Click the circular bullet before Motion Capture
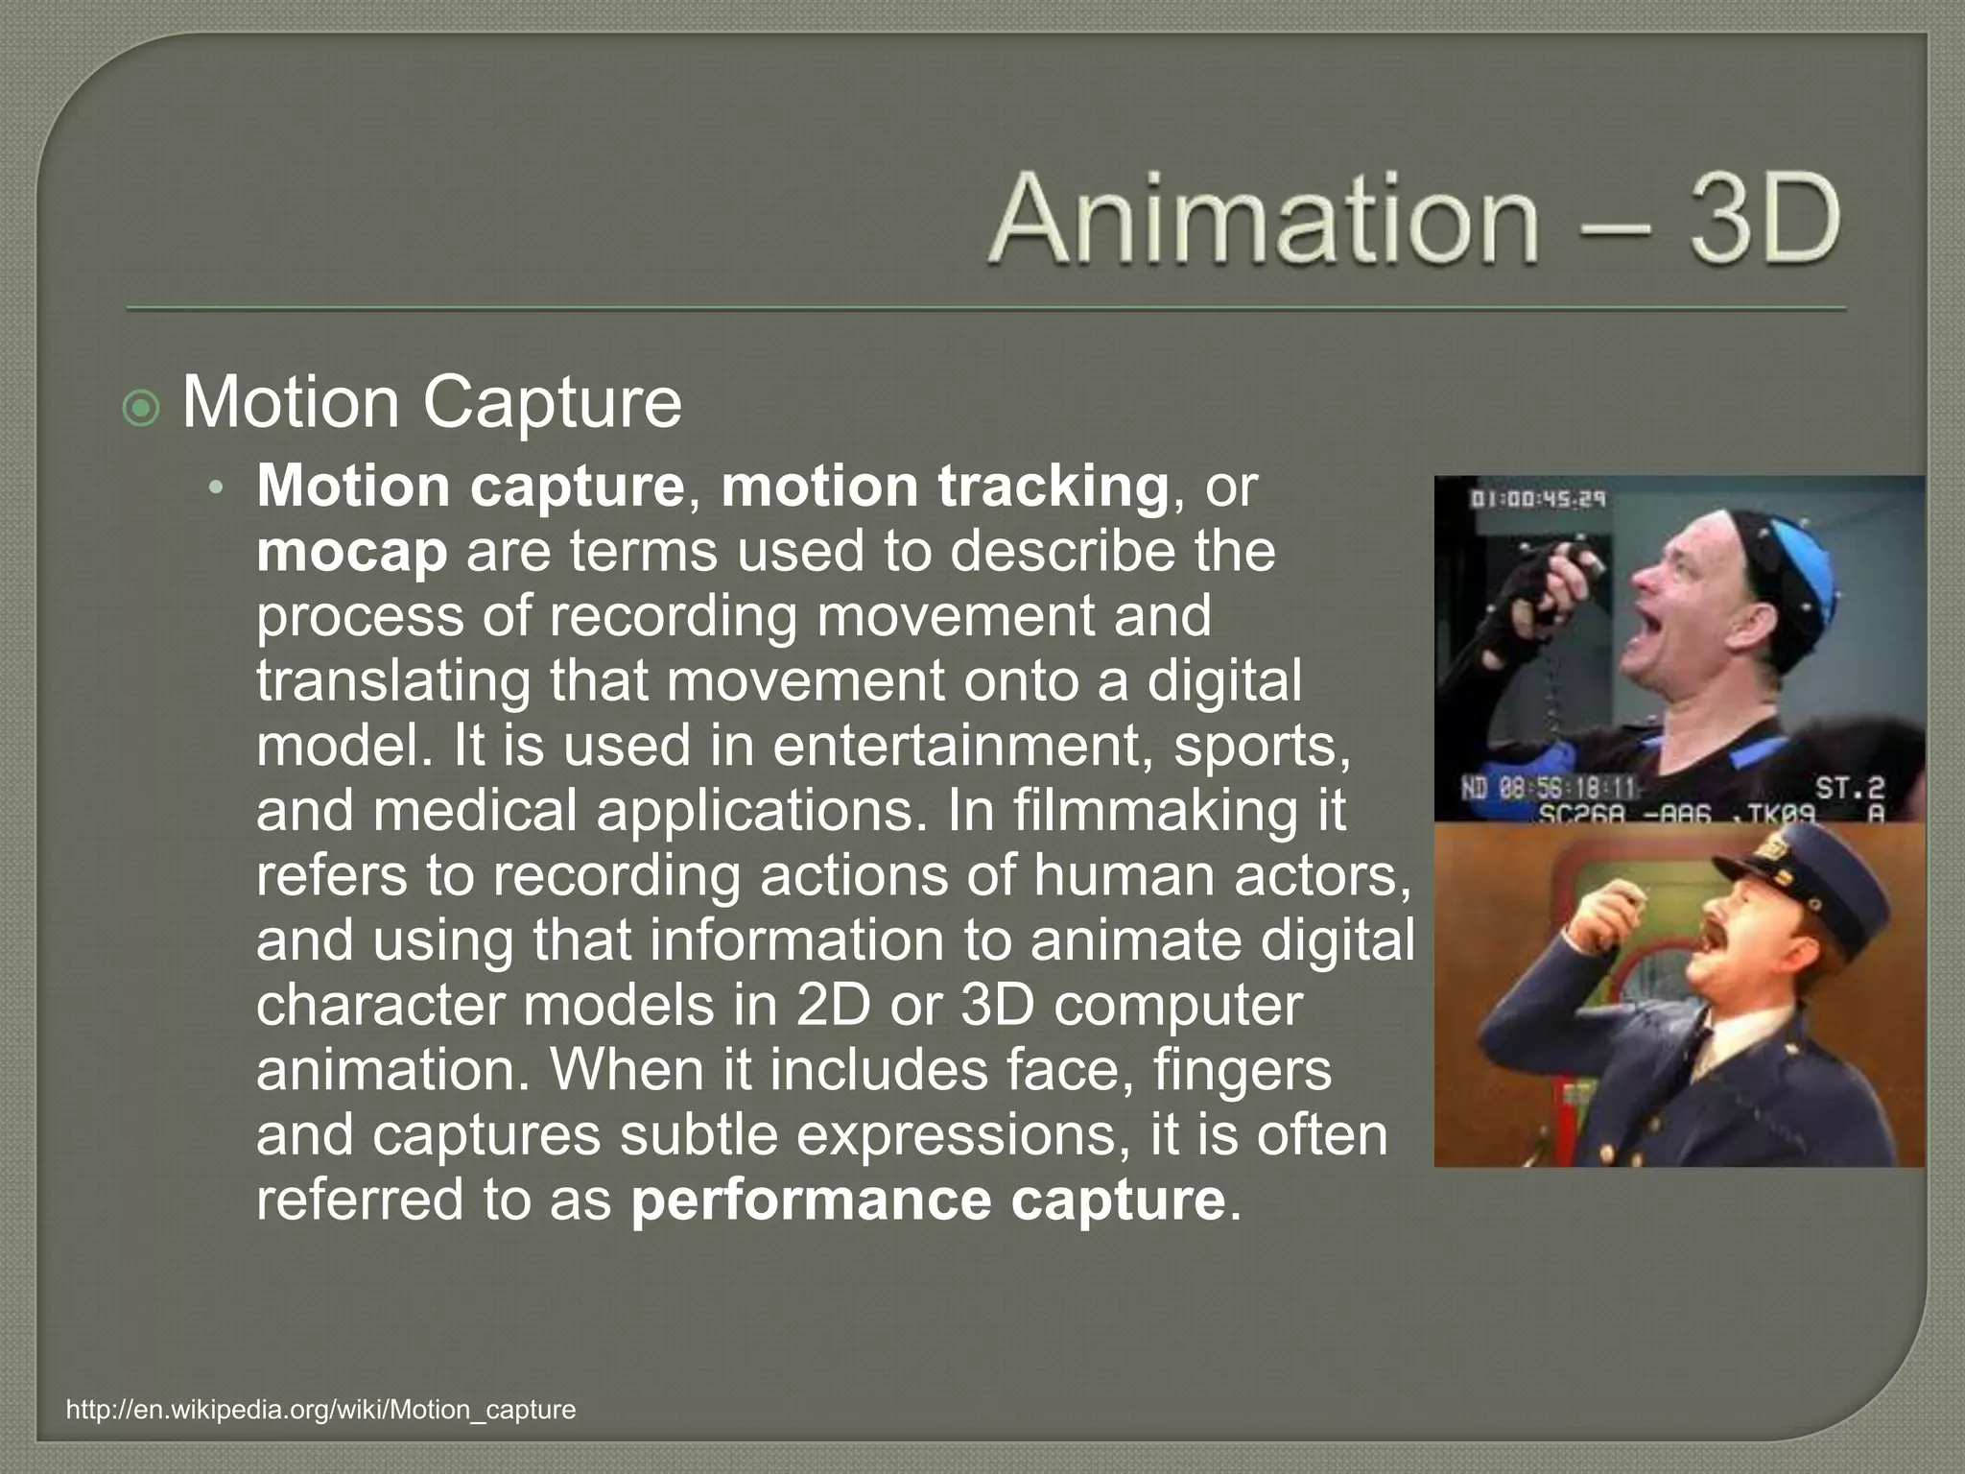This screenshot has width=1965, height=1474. click(x=142, y=410)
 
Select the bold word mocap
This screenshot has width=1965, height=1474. click(x=352, y=552)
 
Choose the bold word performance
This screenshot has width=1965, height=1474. click(x=811, y=1200)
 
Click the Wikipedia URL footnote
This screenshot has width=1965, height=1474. click(x=321, y=1410)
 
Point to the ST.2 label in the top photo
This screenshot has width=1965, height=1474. click(x=1851, y=788)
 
